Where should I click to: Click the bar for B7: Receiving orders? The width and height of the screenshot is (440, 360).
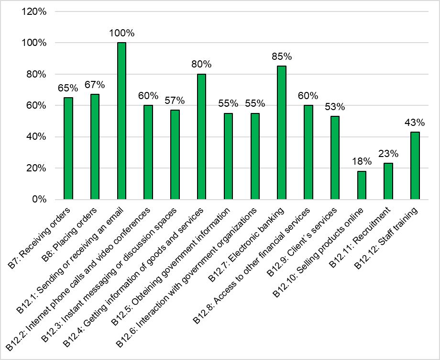coord(68,148)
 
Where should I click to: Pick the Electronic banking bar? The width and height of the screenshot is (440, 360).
coord(282,133)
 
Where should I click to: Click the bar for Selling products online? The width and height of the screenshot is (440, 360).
coord(362,185)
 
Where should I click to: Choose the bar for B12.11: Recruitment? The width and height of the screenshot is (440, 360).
coord(388,181)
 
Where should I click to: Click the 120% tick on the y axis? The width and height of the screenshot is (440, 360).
coord(34,11)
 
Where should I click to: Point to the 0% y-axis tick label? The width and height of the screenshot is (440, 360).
coord(38,199)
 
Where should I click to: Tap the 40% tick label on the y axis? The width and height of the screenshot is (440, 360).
coord(36,137)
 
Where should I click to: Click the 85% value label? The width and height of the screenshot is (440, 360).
coord(282,56)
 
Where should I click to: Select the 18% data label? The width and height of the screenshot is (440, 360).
coord(362,162)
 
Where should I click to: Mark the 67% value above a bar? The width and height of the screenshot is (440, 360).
coord(95,85)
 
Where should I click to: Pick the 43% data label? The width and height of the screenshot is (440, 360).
coord(415,123)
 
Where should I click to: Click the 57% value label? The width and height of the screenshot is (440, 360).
coord(175,101)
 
